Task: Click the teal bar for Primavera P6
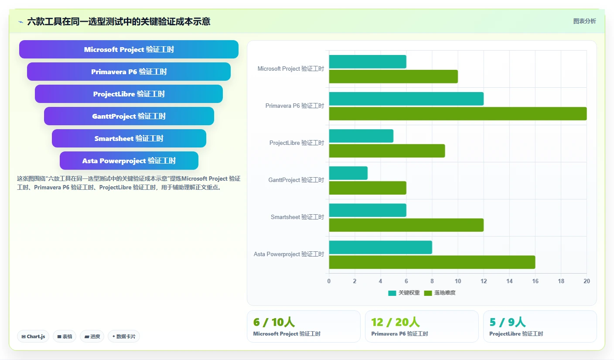click(406, 99)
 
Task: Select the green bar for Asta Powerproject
click(432, 262)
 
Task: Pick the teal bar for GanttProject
click(348, 173)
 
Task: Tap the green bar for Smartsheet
click(406, 225)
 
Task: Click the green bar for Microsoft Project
click(393, 76)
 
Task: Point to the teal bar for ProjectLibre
click(361, 136)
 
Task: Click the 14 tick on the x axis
click(509, 281)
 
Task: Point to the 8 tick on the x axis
click(432, 281)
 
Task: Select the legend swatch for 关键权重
click(392, 293)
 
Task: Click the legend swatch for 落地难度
click(428, 293)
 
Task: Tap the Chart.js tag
click(33, 336)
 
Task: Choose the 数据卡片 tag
click(124, 336)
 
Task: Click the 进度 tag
click(92, 336)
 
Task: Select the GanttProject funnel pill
click(129, 116)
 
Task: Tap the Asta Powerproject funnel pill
click(129, 161)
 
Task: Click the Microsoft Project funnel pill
click(129, 49)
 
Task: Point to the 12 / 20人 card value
click(395, 322)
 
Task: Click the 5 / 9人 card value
click(507, 322)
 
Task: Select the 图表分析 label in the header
click(584, 21)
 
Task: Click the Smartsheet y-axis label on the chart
click(297, 217)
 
